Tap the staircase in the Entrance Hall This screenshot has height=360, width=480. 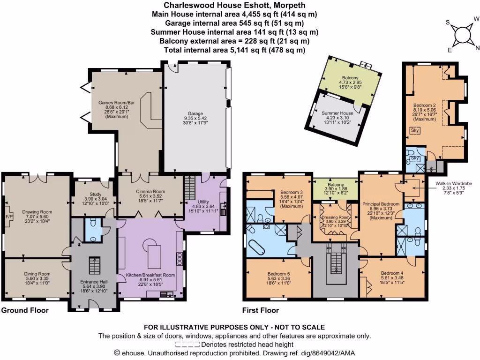95,266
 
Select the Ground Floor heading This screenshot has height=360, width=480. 24,310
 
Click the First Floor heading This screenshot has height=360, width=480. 260,310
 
